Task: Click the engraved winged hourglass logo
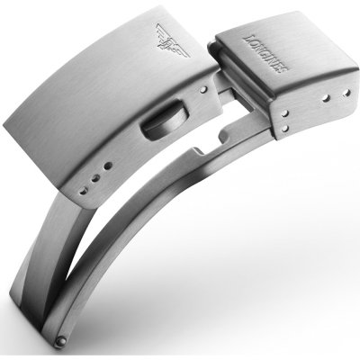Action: point(172,40)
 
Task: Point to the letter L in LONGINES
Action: point(247,40)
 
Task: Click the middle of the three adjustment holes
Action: point(96,178)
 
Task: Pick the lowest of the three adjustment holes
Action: point(84,191)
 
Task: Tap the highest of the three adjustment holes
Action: point(108,166)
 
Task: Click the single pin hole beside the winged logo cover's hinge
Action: point(204,89)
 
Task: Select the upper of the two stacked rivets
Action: point(285,113)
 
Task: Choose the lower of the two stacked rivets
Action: point(285,129)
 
